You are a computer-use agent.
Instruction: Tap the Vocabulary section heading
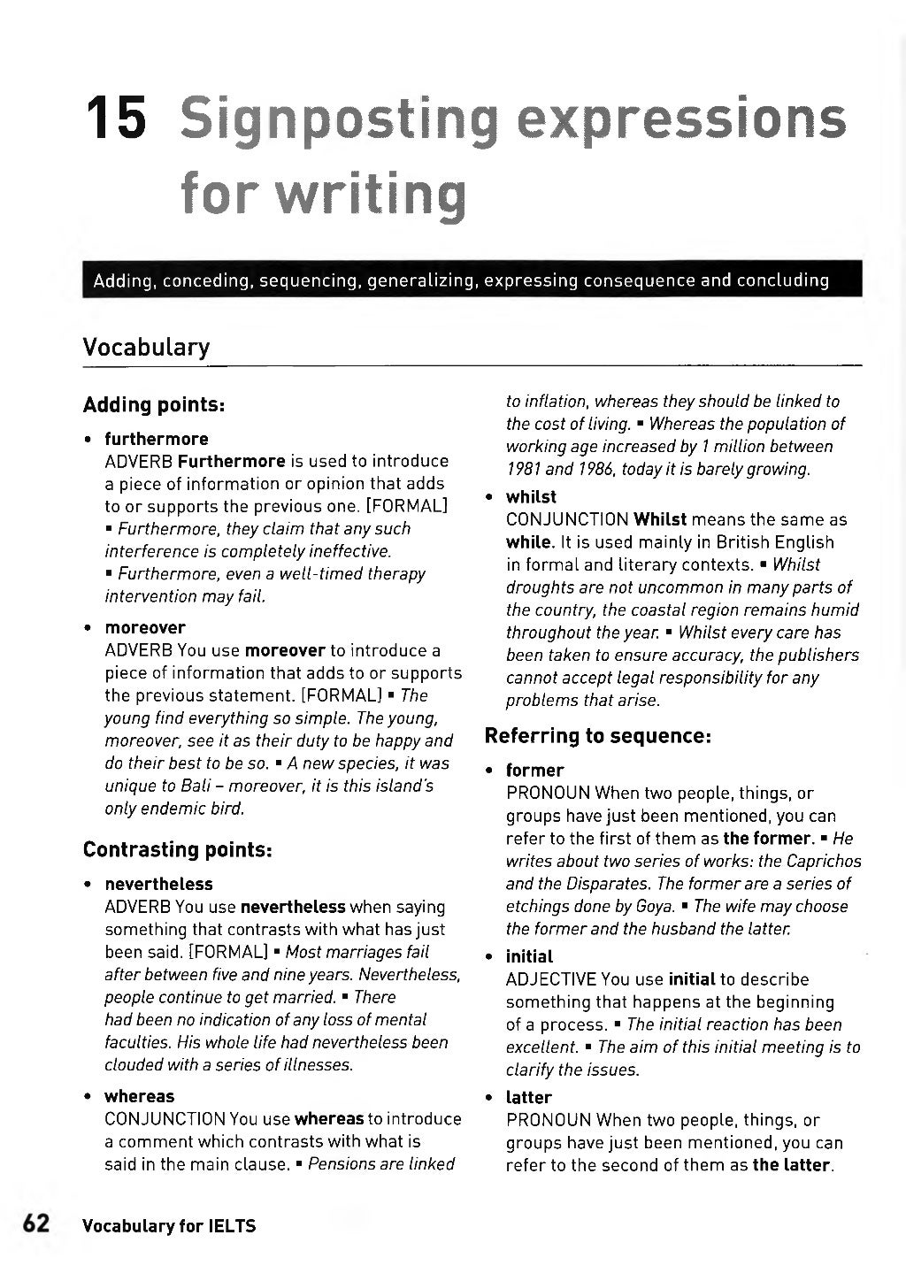(x=146, y=347)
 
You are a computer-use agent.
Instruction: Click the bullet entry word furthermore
(x=157, y=439)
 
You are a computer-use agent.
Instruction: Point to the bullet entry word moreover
(x=145, y=627)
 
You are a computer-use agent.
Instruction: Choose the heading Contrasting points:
(x=177, y=849)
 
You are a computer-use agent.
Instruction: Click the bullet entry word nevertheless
(x=158, y=884)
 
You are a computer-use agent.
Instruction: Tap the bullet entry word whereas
(x=139, y=1096)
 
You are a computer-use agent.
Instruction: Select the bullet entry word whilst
(x=531, y=496)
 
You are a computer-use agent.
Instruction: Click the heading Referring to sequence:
(x=598, y=735)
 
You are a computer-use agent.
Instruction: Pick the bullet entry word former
(x=534, y=771)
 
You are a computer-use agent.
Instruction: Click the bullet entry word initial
(x=529, y=956)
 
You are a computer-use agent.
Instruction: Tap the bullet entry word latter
(x=528, y=1098)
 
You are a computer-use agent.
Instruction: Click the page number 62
(x=35, y=1223)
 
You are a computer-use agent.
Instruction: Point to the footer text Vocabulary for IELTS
(x=169, y=1226)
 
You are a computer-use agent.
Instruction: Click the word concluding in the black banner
(x=783, y=281)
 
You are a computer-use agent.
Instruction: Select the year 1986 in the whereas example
(x=593, y=469)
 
